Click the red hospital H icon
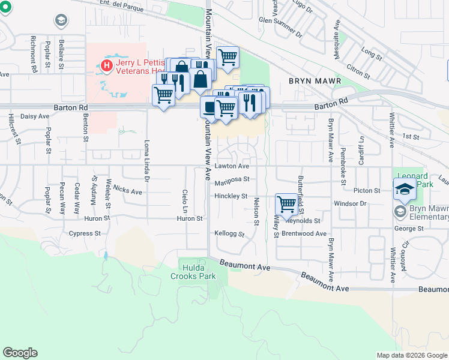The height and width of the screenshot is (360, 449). coord(107,65)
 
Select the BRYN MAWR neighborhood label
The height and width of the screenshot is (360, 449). coord(315,81)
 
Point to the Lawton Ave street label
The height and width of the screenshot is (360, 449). coord(232,166)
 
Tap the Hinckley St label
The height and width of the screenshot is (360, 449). coord(231,196)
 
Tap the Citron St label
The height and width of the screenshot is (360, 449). coord(358,72)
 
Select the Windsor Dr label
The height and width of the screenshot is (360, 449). coord(350,204)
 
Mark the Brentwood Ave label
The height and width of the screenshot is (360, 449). coord(307,233)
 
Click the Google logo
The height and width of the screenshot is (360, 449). coord(20,352)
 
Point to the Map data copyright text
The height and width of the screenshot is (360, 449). coord(411,355)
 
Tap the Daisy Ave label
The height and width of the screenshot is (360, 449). coord(35,116)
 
